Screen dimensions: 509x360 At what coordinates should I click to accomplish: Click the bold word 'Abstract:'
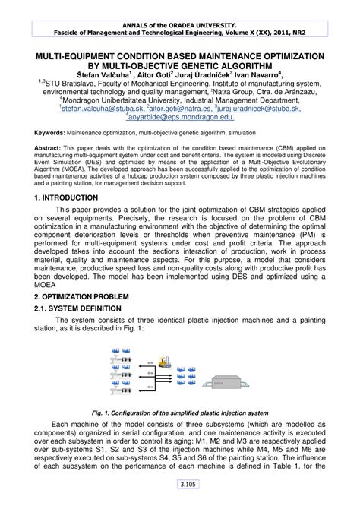click(48, 147)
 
